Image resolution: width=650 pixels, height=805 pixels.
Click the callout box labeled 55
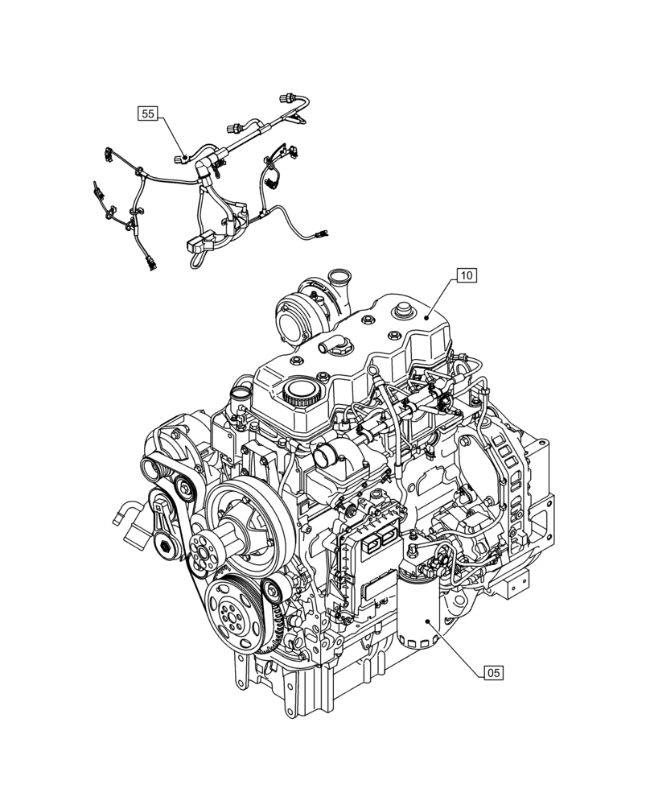tap(148, 114)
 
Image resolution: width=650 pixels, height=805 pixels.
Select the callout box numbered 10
tap(467, 275)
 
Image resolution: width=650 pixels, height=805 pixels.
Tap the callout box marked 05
tap(493, 672)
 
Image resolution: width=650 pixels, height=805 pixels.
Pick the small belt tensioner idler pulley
tap(275, 590)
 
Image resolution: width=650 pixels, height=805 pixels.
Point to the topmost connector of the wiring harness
tap(287, 99)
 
